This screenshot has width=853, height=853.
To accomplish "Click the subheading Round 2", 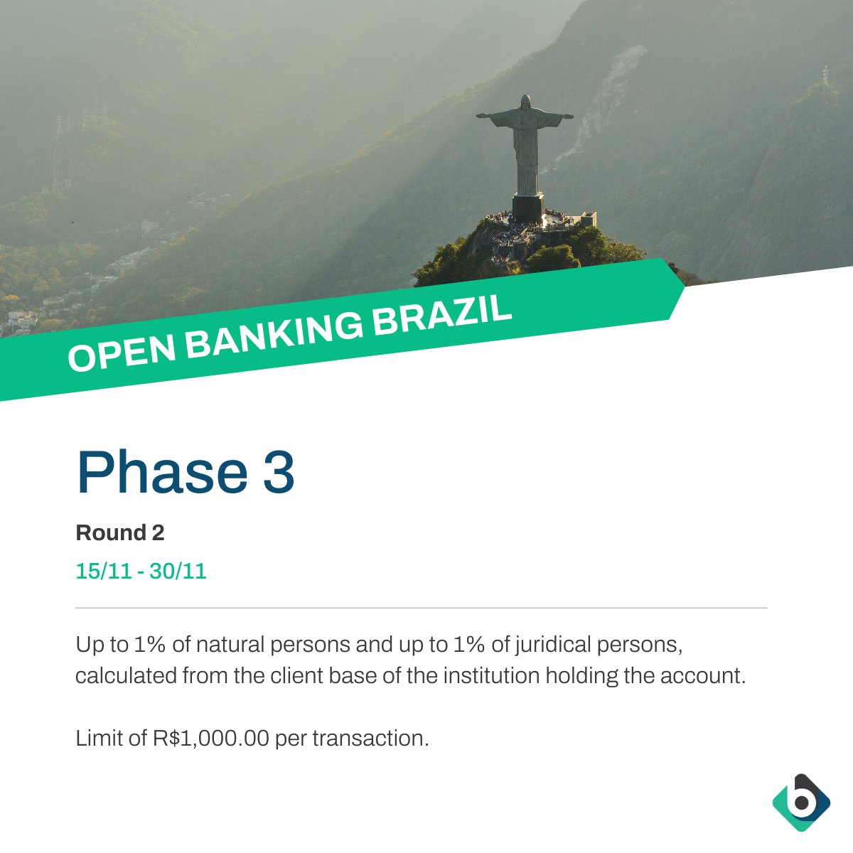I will (120, 532).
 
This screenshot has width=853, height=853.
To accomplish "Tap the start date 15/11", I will (104, 571).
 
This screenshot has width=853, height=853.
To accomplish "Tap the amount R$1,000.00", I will (211, 739).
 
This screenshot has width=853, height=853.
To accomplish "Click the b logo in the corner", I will (801, 803).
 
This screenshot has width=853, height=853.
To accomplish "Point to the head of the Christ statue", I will (525, 102).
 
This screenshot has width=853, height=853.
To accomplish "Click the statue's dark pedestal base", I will (527, 207).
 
